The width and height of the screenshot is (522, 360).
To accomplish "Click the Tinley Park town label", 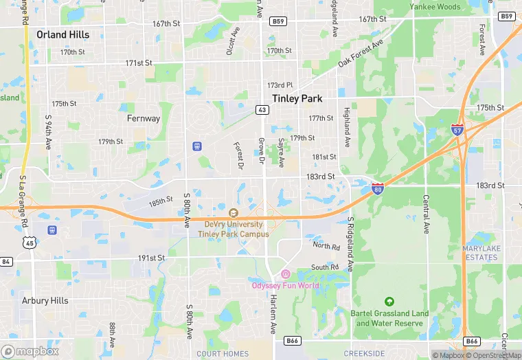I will (297, 98).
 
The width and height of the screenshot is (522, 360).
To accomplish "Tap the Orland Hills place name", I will (63, 34).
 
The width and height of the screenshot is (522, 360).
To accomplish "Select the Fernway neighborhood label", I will (144, 118).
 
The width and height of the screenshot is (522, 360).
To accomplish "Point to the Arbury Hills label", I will (45, 300).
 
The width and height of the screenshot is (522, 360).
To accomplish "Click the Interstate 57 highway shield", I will (457, 129).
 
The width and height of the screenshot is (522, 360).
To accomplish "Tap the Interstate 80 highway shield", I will (377, 188).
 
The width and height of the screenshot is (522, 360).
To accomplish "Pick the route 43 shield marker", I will (262, 109).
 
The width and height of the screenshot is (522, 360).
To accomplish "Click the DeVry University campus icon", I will (233, 213).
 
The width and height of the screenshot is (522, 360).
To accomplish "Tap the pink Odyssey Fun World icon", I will (285, 274).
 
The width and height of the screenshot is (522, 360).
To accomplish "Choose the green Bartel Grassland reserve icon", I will (389, 302).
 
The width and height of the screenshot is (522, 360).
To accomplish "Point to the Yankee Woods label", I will (435, 6).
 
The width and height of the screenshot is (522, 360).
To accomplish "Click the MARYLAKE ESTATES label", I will (481, 253).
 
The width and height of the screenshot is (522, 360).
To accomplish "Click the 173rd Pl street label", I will (280, 85).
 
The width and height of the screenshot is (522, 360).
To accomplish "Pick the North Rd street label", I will (326, 245).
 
